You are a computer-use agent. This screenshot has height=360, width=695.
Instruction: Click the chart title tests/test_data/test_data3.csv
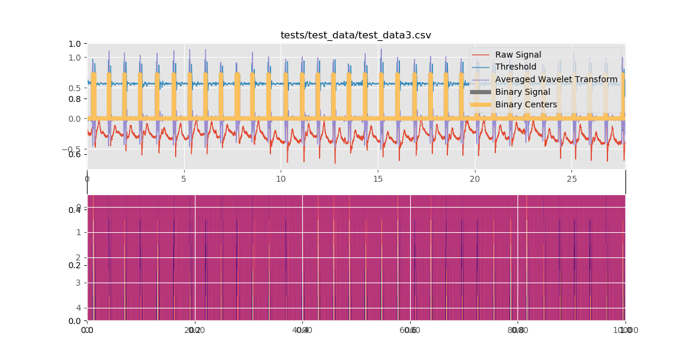coord(356,35)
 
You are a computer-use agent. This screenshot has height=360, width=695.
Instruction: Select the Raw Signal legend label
coord(518,55)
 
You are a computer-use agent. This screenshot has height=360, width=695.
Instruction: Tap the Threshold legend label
coord(515,67)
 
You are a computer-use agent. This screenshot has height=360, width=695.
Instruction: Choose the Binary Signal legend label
coord(522,92)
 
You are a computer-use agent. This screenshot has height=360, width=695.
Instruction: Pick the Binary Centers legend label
coord(526,105)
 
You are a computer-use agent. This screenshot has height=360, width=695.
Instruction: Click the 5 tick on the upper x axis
coord(184,179)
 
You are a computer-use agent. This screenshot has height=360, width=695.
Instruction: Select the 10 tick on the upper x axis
coord(281,179)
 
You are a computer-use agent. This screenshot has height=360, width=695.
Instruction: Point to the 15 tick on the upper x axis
coord(378,179)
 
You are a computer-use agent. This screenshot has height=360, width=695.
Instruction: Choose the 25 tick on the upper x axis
coord(571,179)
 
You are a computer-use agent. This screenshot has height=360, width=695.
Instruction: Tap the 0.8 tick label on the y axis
coord(74,99)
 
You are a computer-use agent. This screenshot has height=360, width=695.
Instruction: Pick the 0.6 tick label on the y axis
coord(74,155)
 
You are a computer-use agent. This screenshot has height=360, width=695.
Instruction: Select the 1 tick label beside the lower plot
coord(79,232)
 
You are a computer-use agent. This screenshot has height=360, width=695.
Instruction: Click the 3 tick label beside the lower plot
coord(79,283)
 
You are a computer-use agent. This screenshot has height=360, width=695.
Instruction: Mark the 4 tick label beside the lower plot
coord(79,308)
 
